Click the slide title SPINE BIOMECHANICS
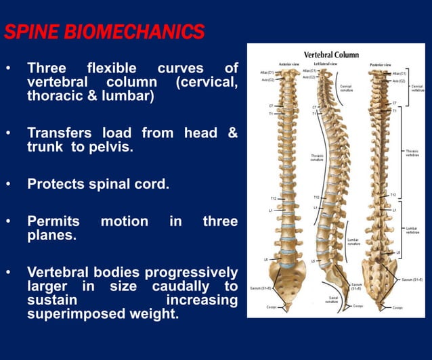tap(104, 31)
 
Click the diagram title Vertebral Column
tap(331, 54)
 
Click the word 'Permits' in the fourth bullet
tap(53, 221)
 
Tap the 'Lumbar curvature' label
tap(353, 242)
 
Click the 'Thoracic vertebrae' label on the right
tap(412, 153)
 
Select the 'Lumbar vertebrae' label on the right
tap(412, 231)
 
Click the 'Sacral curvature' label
tap(332, 300)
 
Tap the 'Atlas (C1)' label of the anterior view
tap(267, 72)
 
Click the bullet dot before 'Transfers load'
tap(8, 133)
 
